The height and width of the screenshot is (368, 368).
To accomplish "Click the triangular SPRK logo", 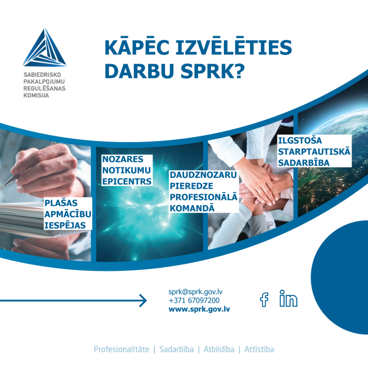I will pyautogui.click(x=45, y=49).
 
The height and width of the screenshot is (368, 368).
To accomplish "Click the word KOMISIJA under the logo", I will pyautogui.click(x=36, y=96).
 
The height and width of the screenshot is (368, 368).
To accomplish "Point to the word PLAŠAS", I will pyautogui.click(x=61, y=203).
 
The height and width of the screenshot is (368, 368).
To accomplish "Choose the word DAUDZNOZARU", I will pyautogui.click(x=203, y=175).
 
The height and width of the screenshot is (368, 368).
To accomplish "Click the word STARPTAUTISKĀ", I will pyautogui.click(x=314, y=151).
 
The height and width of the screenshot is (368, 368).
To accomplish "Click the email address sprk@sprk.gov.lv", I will pyautogui.click(x=198, y=292).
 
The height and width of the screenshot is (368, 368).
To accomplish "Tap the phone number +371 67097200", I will pyautogui.click(x=194, y=300).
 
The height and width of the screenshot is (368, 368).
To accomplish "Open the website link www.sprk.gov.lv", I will pyautogui.click(x=199, y=309).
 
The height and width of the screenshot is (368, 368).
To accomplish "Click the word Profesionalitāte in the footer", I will pyautogui.click(x=121, y=349).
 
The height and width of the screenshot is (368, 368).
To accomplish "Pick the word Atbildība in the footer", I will pyautogui.click(x=219, y=349).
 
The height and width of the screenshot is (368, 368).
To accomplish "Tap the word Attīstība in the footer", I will pyautogui.click(x=259, y=349).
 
